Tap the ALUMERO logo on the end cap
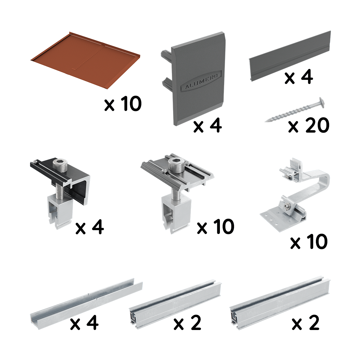[x=201, y=82]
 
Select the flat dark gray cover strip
[x=289, y=56]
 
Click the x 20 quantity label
[x=308, y=125]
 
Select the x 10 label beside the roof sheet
[x=123, y=104]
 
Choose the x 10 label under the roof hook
[x=309, y=242]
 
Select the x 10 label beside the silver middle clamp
[x=216, y=226]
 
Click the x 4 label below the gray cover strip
[x=299, y=77]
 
